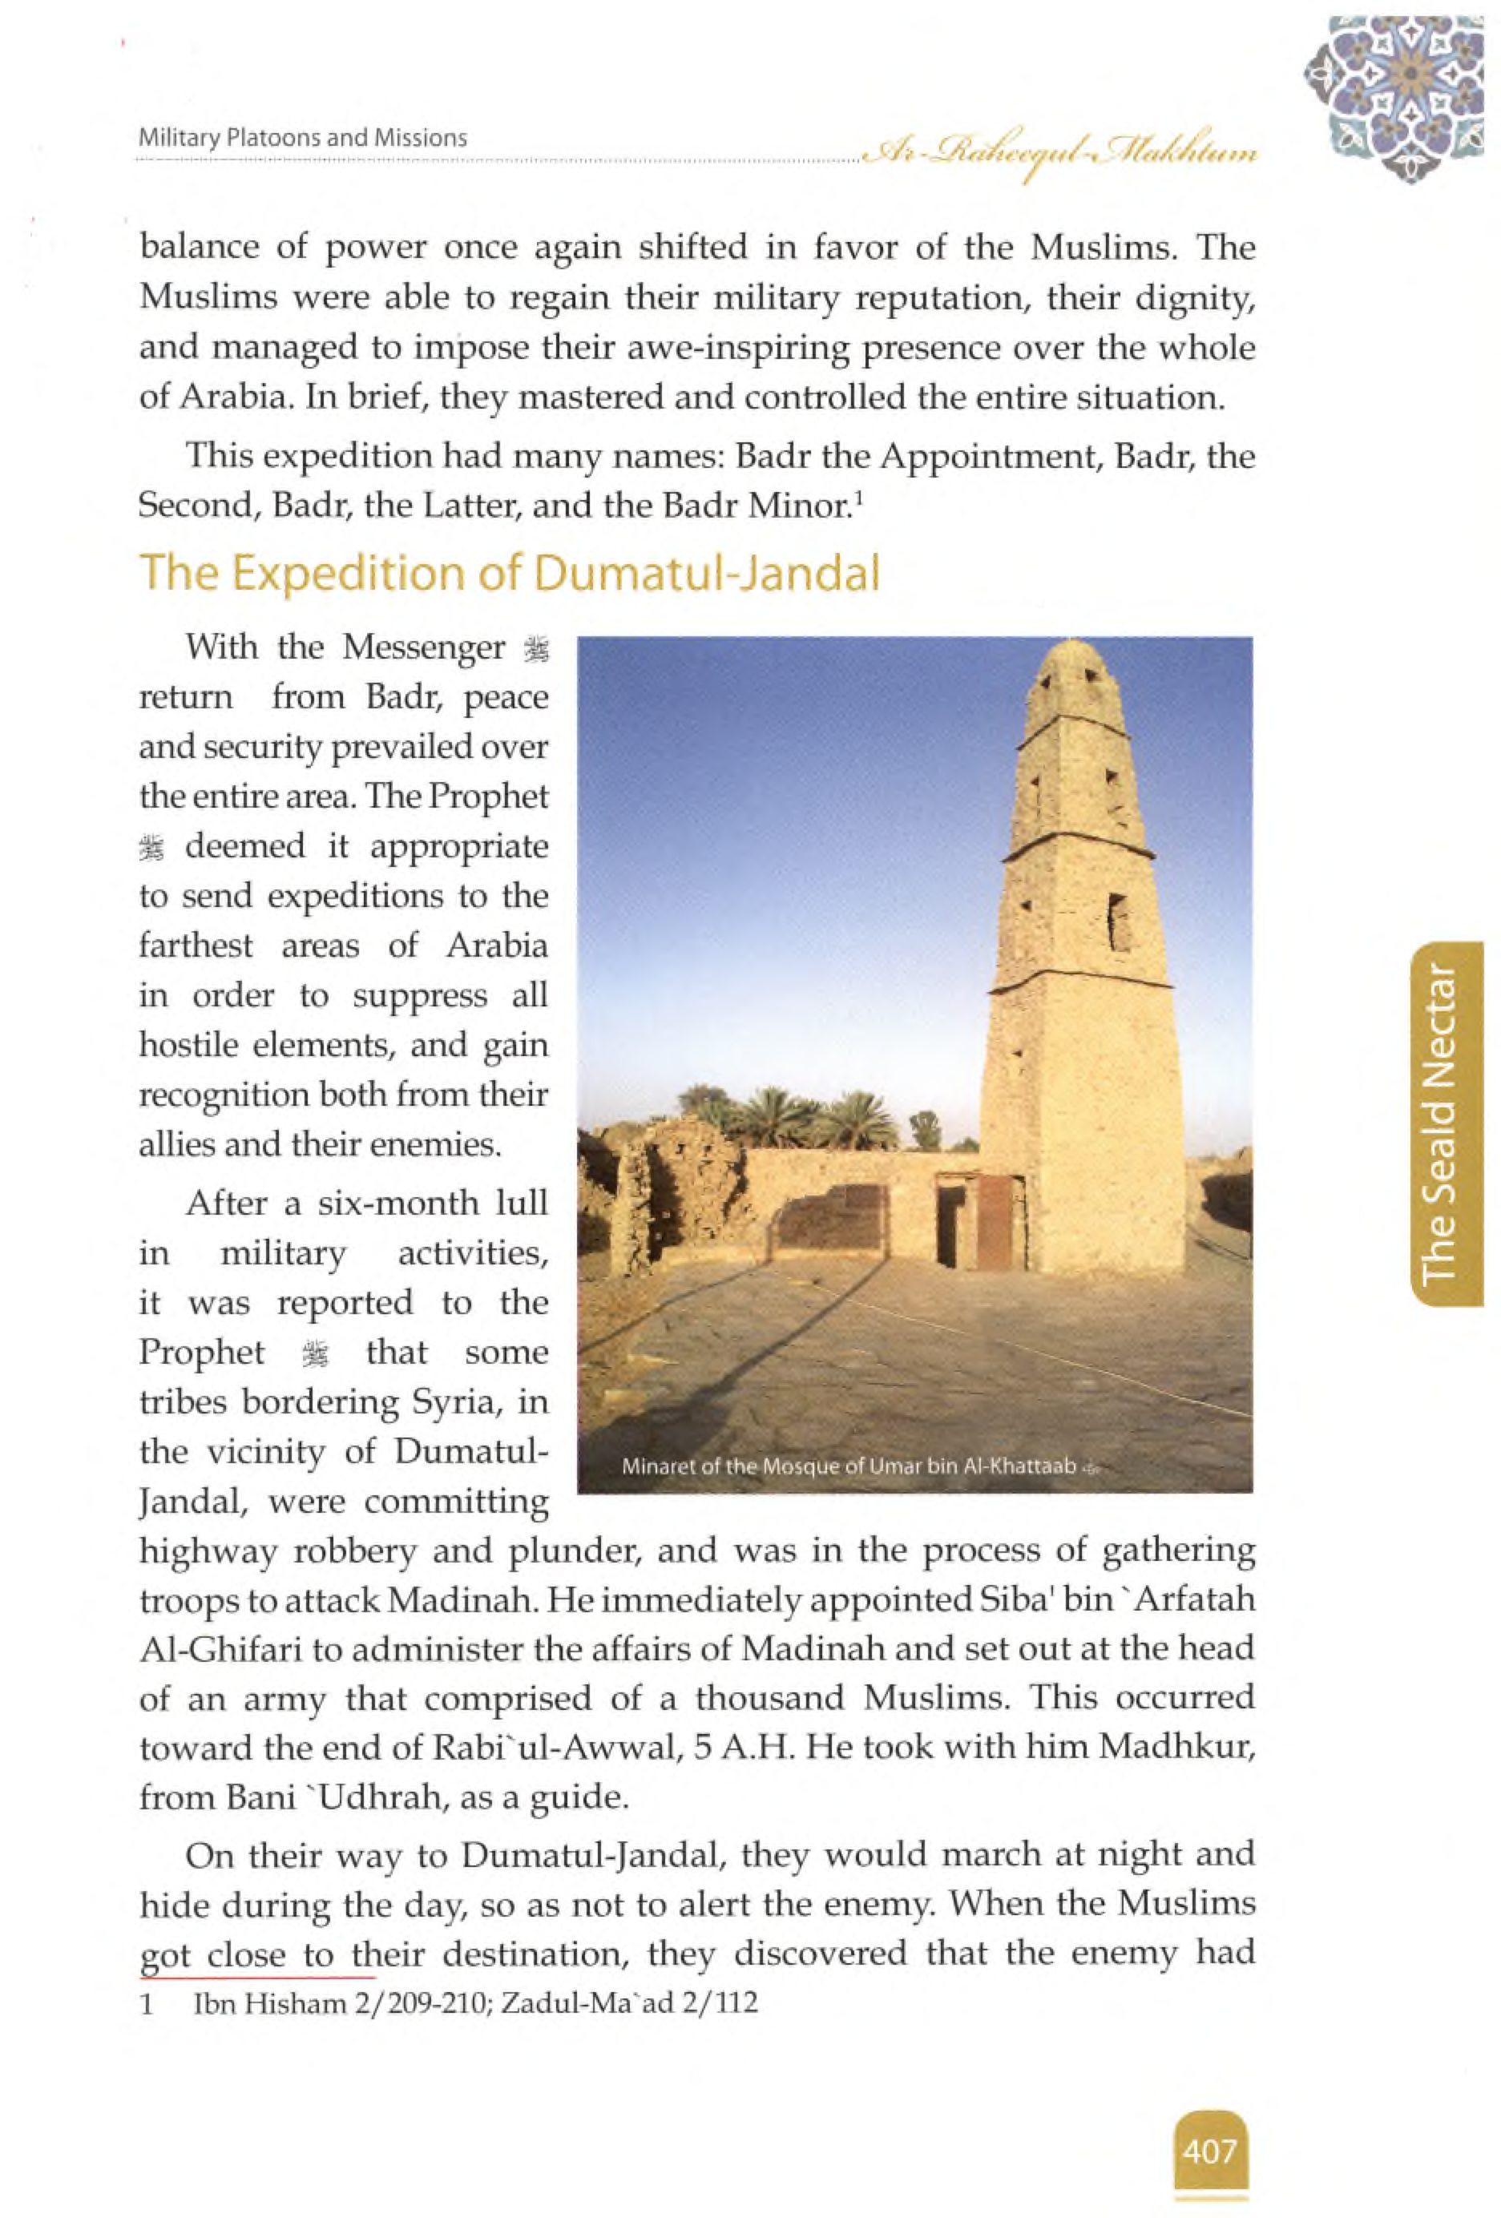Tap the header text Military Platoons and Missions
[x=302, y=139]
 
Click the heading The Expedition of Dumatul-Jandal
[x=509, y=574]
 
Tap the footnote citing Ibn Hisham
[x=474, y=2002]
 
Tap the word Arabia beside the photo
[x=496, y=946]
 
